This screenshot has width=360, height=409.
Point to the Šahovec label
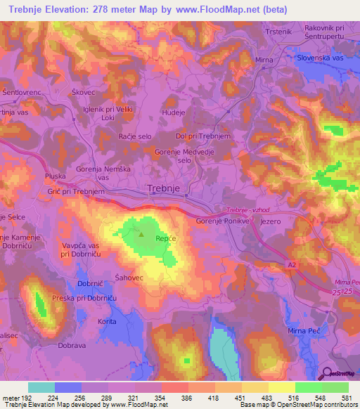[x=129, y=276]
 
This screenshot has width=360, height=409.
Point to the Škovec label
[x=103, y=91]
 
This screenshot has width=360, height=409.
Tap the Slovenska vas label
[x=323, y=58]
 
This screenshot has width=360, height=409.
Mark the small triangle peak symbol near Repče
[x=142, y=235]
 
